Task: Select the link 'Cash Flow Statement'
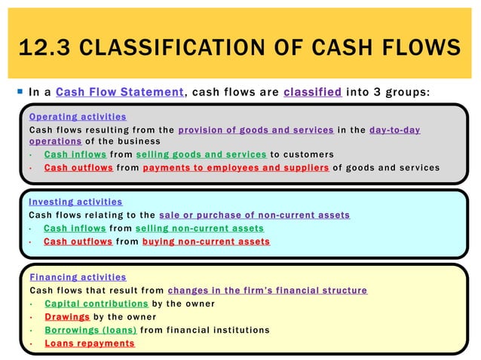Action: [121, 93]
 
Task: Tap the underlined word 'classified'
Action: [314, 93]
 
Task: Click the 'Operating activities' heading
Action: [77, 117]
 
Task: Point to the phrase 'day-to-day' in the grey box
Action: [394, 130]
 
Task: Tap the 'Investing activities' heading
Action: [75, 202]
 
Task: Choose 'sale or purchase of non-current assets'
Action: [255, 215]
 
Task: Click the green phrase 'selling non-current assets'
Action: [200, 228]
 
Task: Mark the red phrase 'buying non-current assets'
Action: [206, 242]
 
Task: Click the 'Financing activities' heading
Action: [78, 277]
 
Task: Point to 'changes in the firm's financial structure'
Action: [268, 290]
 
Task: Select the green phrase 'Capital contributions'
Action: [97, 304]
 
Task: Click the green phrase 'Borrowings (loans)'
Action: [90, 330]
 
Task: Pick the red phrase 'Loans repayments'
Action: [89, 343]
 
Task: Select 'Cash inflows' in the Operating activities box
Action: [74, 154]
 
